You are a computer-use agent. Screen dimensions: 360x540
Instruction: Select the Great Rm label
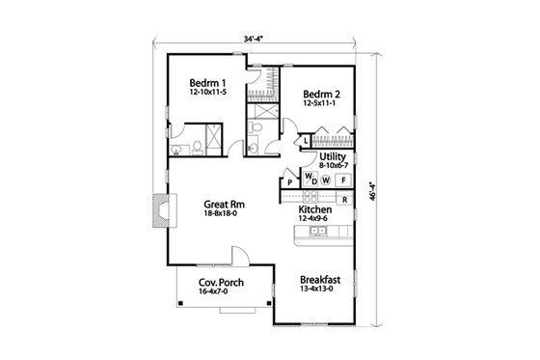point(221,204)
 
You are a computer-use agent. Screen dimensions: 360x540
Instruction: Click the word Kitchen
point(315,209)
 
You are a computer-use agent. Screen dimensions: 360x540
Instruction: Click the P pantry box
point(290,183)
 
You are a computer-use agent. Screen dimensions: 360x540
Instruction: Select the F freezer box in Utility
point(343,179)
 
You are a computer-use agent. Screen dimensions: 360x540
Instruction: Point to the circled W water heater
point(325,180)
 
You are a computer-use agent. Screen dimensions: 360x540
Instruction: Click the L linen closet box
point(305,141)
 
